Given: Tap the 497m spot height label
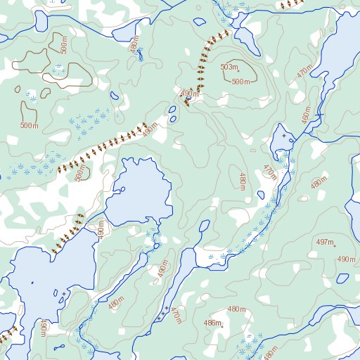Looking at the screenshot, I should pos(325,243).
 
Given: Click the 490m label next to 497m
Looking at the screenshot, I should pos(346,259).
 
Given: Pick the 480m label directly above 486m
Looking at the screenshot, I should pos(237,309).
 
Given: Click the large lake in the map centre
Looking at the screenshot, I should pos(141,190).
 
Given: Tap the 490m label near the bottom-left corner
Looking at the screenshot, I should pos(44,328).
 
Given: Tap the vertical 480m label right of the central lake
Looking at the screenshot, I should pos(242,181).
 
